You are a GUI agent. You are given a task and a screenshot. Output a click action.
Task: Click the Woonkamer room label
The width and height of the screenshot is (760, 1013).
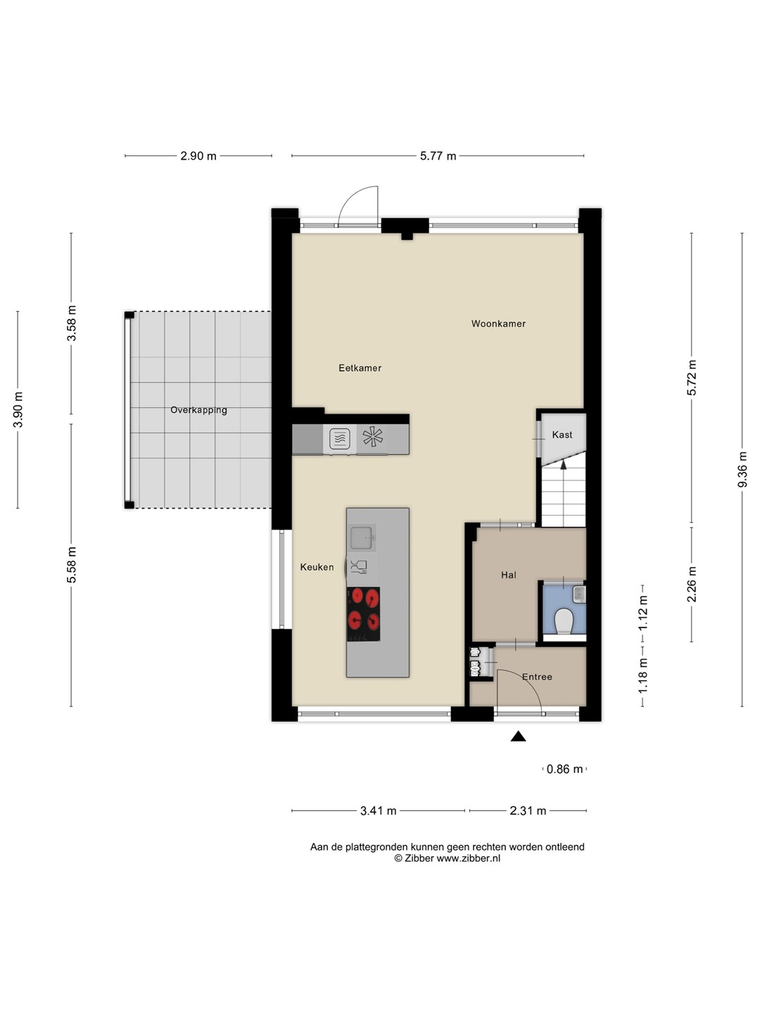(x=498, y=324)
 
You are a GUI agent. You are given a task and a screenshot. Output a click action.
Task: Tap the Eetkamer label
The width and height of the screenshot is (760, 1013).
(x=360, y=368)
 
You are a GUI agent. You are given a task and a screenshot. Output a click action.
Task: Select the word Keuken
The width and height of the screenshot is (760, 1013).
(x=317, y=567)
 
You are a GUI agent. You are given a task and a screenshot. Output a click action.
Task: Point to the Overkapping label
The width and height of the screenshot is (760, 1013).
(x=198, y=410)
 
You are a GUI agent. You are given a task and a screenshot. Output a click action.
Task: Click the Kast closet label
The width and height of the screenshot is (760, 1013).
(x=562, y=434)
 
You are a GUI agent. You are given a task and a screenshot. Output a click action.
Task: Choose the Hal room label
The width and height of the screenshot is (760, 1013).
(x=509, y=575)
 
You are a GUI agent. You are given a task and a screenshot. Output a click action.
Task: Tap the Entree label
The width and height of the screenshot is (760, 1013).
(x=537, y=677)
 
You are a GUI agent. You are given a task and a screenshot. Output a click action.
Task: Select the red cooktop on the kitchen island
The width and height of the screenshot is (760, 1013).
(x=364, y=614)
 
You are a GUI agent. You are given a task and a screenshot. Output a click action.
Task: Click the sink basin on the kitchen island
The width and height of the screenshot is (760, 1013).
(x=361, y=537)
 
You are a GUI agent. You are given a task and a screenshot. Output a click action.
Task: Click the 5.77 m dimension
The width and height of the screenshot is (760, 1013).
(x=438, y=156)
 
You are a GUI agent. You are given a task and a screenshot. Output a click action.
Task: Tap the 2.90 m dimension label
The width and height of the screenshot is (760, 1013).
(x=198, y=156)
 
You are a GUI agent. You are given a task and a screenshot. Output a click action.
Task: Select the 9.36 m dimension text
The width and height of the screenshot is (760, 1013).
(x=742, y=469)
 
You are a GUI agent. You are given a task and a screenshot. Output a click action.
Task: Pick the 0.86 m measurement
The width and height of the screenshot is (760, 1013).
(x=564, y=770)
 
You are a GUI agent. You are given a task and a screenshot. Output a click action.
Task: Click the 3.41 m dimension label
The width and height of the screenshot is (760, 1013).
(x=379, y=811)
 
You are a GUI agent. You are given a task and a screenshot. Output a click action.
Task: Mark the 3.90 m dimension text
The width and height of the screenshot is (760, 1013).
(x=18, y=410)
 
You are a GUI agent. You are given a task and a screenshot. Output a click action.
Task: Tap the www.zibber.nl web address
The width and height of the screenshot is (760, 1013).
(x=469, y=858)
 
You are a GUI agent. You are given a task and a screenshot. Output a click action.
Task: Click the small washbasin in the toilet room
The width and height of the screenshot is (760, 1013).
(x=579, y=594)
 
